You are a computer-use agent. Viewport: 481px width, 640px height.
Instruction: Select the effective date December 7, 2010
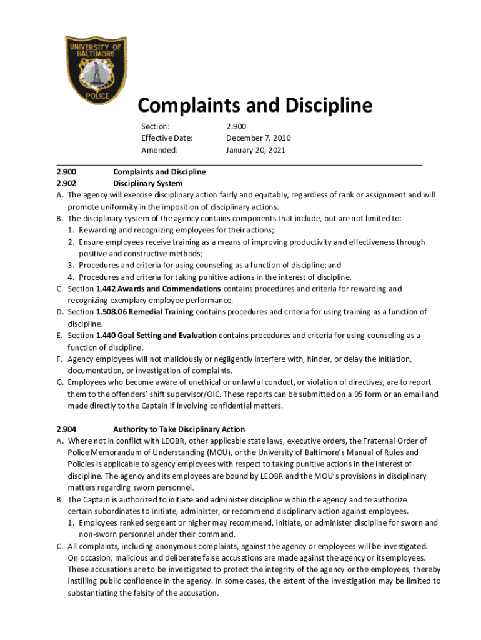(258, 138)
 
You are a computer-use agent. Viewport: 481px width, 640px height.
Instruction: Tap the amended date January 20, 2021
(257, 150)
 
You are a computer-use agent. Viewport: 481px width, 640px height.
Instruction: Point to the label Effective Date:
(166, 138)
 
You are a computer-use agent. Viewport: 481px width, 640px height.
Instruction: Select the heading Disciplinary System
(147, 183)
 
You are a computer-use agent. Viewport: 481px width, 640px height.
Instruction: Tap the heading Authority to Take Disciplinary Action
(179, 429)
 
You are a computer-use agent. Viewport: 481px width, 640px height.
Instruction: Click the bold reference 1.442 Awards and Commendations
(158, 289)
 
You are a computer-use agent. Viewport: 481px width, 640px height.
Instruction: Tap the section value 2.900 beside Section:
(236, 126)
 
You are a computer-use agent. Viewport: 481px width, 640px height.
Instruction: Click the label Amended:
(159, 150)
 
